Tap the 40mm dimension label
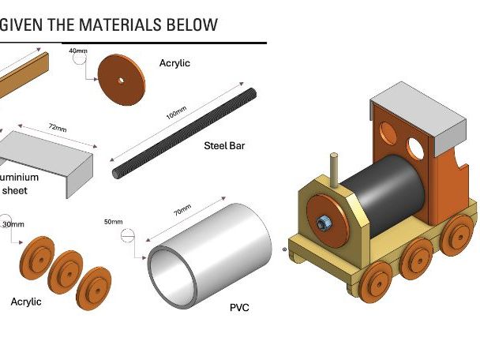pos(78,51)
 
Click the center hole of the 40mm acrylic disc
pos(121,80)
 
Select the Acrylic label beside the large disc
pos(174,63)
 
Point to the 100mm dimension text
pos(176,115)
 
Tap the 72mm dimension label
pos(56,127)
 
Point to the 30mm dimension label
pos(13,224)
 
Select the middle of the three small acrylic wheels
pos(66,268)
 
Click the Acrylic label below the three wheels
pos(26,302)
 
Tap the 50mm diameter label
pos(113,222)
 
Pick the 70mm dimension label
pos(182,212)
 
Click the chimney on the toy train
pos(334,169)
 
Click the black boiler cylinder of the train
pos(387,193)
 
